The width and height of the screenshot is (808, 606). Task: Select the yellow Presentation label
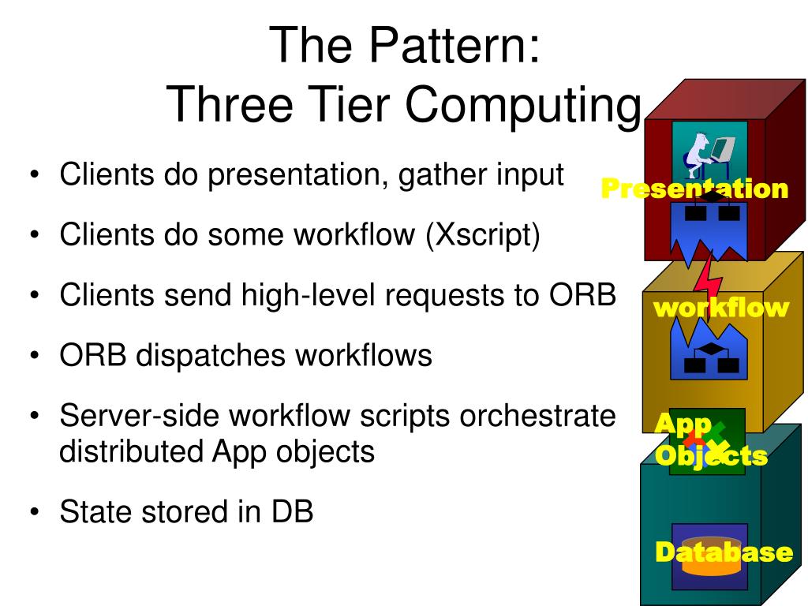694,189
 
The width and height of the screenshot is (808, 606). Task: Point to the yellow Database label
724,552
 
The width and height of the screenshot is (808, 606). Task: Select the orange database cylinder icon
709,556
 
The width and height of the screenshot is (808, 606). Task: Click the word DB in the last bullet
293,512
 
